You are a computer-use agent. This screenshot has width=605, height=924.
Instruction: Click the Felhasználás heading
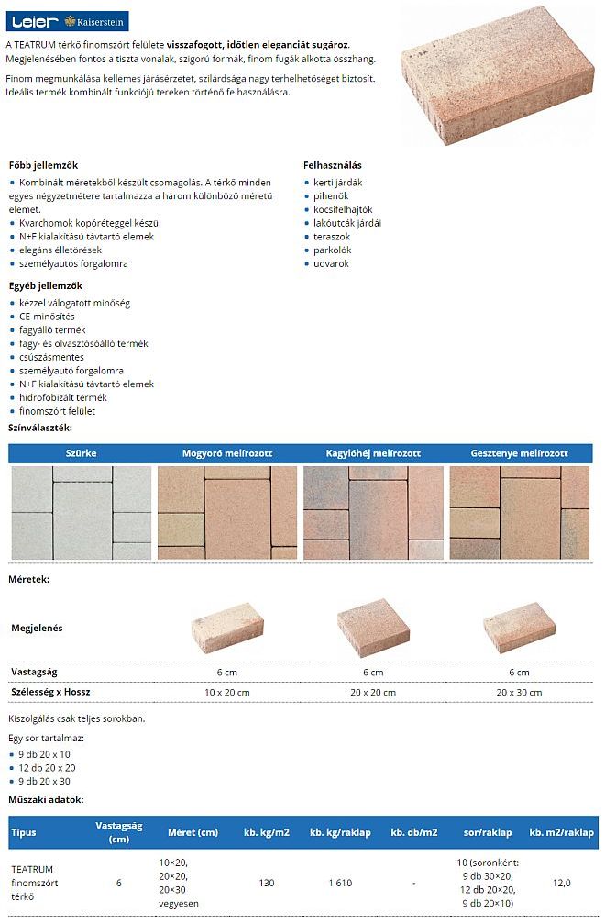point(332,165)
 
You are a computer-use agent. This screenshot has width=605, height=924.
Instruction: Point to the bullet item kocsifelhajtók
point(343,209)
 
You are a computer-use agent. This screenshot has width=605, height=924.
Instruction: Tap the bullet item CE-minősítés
point(47,317)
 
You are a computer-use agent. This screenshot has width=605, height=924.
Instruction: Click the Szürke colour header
point(81,453)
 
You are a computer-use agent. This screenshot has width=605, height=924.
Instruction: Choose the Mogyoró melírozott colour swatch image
point(227,513)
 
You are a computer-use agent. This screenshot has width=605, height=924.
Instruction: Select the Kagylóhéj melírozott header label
point(373,453)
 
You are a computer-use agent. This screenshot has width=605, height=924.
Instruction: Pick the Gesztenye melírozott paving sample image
point(520,513)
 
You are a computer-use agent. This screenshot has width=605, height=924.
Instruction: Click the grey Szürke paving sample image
point(81,513)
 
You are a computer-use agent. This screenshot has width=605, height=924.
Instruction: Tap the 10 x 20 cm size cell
point(226,693)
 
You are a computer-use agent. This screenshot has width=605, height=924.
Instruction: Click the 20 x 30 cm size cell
point(519,693)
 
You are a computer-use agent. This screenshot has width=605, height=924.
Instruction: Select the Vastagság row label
point(33,672)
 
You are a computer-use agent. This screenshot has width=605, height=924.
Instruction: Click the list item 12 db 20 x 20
point(47,767)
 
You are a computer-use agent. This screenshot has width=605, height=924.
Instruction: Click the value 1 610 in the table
point(341,883)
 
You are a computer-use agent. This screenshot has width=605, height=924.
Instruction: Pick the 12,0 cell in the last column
point(561,883)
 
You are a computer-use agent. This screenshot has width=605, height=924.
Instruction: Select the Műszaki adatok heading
point(45,800)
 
